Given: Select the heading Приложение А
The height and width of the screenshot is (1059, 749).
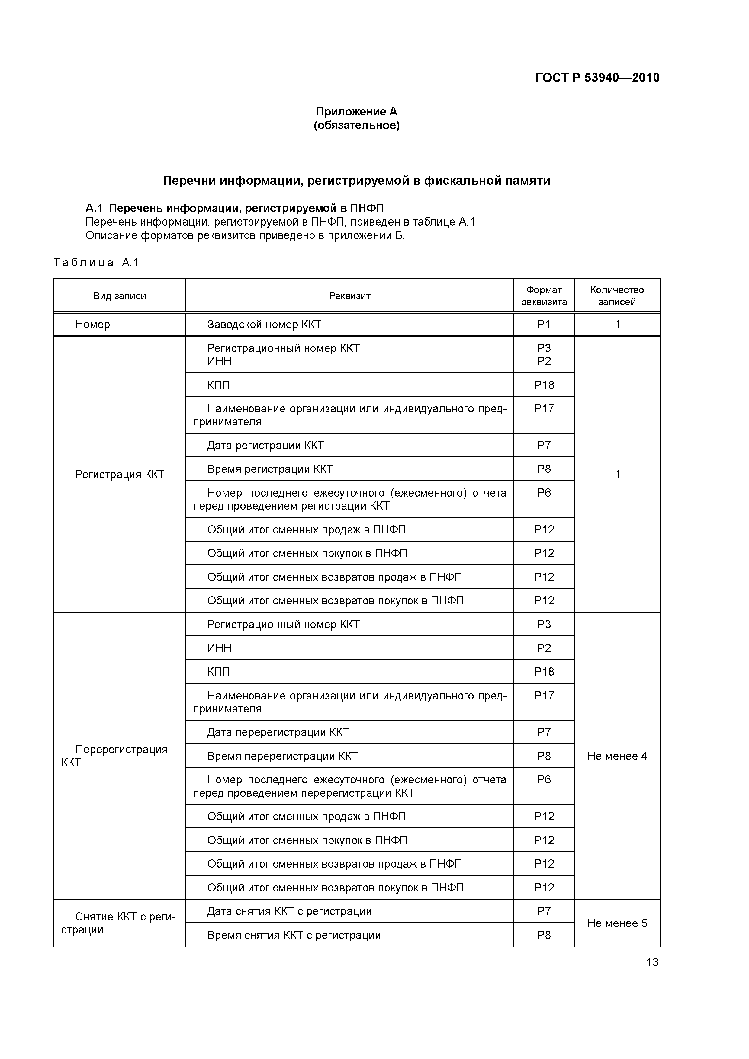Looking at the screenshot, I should pyautogui.click(x=356, y=112).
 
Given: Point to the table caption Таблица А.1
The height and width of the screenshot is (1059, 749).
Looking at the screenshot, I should pyautogui.click(x=96, y=263).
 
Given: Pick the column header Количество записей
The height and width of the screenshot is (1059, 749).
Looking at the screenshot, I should pyautogui.click(x=617, y=296).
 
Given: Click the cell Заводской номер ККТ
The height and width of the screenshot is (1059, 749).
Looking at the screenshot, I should pyautogui.click(x=264, y=325).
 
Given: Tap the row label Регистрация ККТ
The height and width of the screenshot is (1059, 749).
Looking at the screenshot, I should pyautogui.click(x=120, y=475).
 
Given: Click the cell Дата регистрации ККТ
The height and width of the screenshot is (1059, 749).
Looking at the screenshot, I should pyautogui.click(x=265, y=446).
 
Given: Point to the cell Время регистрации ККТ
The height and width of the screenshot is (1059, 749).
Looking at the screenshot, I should pyautogui.click(x=270, y=469).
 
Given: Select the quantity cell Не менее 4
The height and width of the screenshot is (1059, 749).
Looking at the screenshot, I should pyautogui.click(x=617, y=756).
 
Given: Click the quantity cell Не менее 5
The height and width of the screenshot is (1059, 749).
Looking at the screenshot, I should pyautogui.click(x=617, y=923).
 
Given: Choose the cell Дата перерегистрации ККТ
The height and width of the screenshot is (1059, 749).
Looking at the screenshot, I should pyautogui.click(x=278, y=732).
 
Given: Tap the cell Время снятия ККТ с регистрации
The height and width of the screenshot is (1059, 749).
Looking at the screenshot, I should pyautogui.click(x=294, y=936).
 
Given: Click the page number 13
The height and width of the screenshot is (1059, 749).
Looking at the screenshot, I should pyautogui.click(x=652, y=962).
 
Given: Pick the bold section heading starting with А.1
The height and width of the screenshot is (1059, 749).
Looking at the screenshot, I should pyautogui.click(x=234, y=209).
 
